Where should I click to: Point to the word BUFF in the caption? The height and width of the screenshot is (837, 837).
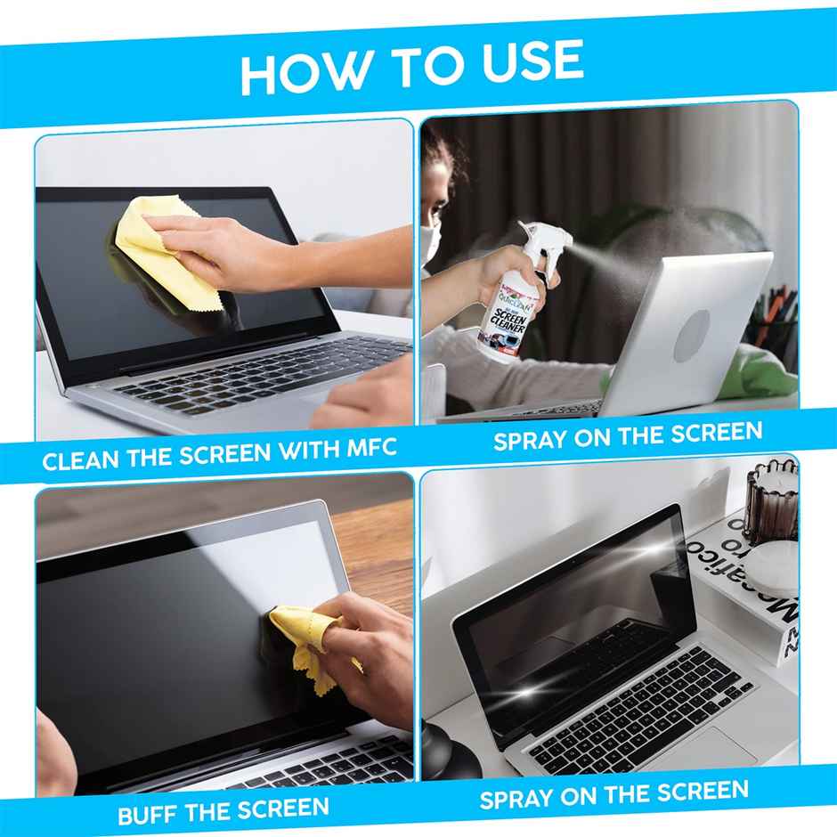tap(152, 814)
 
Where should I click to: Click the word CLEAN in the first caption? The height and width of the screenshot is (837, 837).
tap(79, 462)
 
